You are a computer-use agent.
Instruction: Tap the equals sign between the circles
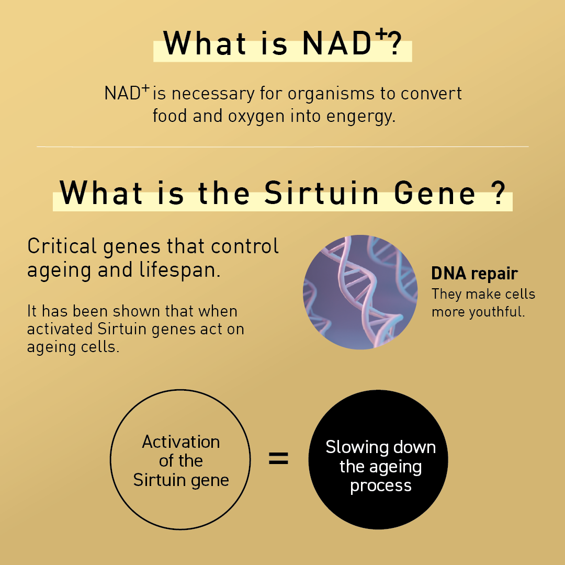pos(278,459)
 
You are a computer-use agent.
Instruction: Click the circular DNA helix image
pos(360,292)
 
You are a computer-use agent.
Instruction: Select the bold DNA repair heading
pos(474,274)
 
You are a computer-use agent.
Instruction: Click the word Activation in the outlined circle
pos(181,442)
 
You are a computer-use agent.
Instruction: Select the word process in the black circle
pos(381,485)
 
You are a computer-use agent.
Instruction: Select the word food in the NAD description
pos(170,116)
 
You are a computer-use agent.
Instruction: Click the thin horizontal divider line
pos(282,147)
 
